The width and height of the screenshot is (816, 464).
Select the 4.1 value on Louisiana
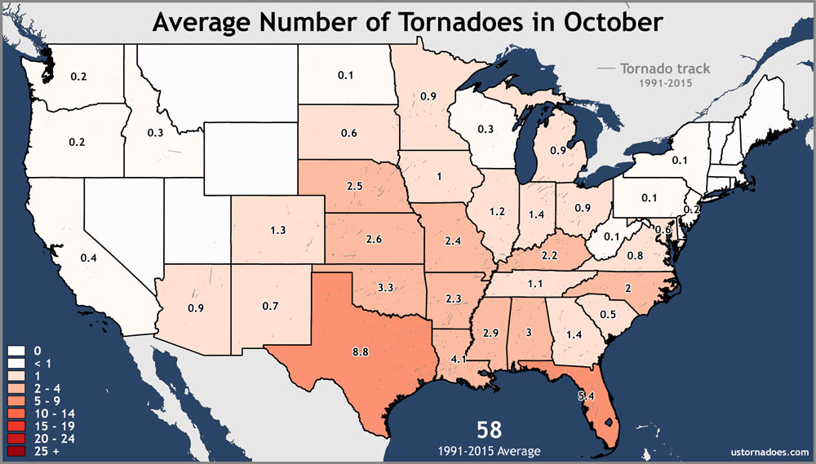(457, 359)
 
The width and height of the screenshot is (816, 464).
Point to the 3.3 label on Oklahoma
(388, 288)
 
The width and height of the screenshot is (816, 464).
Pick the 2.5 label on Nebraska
(354, 187)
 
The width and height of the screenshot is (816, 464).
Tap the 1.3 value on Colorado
(277, 231)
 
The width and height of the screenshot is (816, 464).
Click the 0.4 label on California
(88, 258)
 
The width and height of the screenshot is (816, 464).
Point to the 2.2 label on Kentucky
(548, 256)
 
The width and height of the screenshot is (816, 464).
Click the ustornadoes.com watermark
(766, 451)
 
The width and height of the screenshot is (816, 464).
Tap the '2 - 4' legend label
(46, 389)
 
